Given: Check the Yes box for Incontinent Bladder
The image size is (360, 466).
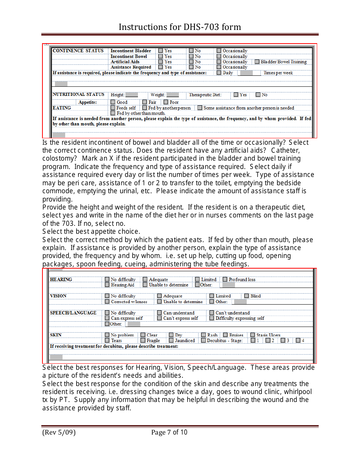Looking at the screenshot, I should tap(161, 51).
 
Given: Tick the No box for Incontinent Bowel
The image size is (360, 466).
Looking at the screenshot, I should tap(191, 56).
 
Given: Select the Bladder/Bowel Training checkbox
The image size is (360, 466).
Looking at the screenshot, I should tap(257, 62).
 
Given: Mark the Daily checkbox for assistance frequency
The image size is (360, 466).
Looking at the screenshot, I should tap(219, 73).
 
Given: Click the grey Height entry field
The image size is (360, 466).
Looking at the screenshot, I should tap(131, 95).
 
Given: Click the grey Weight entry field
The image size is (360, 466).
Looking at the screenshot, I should tap(172, 95).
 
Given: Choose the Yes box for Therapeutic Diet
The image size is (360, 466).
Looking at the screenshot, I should tap(236, 95).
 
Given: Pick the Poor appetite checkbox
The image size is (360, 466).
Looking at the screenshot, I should tap(166, 102).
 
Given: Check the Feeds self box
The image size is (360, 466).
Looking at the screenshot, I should tap(113, 108).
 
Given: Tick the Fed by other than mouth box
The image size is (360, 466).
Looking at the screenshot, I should tap(113, 113).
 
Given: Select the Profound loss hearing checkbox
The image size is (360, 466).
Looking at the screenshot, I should tap(225, 280).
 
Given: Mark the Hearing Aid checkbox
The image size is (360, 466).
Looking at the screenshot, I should tap(107, 285).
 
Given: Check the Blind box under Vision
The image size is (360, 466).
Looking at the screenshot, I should tap(247, 296).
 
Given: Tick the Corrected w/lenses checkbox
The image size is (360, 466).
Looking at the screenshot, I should tap(107, 302).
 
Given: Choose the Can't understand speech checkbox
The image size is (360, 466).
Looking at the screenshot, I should tap(212, 313).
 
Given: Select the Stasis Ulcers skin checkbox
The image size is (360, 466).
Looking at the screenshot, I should tap(253, 335).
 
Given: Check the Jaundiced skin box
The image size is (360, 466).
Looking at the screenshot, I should tap(172, 341).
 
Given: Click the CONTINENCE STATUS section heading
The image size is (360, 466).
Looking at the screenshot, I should tap(78, 51).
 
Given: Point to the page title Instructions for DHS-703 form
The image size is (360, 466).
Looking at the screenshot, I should tap(180, 27).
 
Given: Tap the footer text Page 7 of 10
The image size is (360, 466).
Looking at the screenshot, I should tap(169, 432).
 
